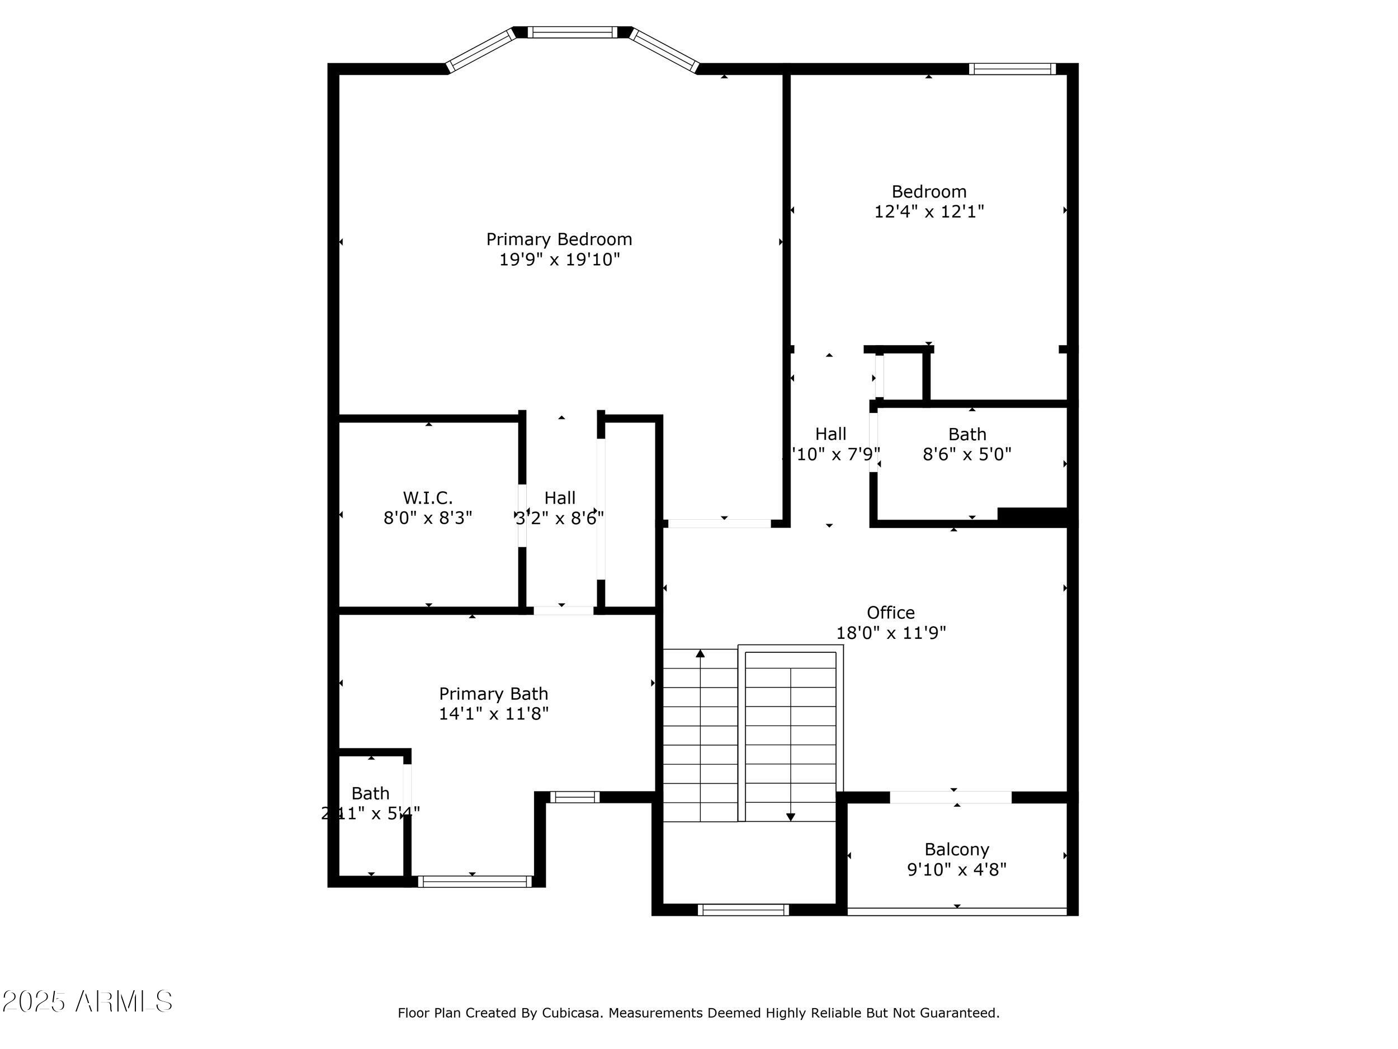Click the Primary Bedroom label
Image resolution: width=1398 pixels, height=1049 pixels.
pos(559,239)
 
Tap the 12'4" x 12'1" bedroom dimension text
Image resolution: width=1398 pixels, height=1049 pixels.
pos(928,211)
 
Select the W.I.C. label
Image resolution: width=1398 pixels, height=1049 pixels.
pos(428,497)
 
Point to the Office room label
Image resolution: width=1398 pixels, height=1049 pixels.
pos(890,613)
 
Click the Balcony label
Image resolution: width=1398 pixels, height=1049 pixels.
pos(956,849)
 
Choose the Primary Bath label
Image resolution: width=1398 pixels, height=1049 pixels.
pos(494,694)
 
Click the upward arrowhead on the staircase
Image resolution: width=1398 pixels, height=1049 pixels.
pos(700,653)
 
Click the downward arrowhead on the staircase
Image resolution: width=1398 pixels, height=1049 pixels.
pos(790,817)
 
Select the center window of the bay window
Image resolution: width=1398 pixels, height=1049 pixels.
pos(573,32)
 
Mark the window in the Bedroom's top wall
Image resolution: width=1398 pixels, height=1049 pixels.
pos(1013,69)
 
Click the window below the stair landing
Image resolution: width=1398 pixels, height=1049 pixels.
pos(743,910)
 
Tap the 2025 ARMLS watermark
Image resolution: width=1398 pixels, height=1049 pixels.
pos(87,1001)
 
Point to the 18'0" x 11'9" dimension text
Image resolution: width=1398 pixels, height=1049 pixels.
pos(890,633)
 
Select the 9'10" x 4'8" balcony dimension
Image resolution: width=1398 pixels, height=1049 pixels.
pos(956,869)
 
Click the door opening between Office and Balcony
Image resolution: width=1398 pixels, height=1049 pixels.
pos(951,797)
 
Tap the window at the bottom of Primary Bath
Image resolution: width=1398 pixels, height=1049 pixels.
pos(475,881)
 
